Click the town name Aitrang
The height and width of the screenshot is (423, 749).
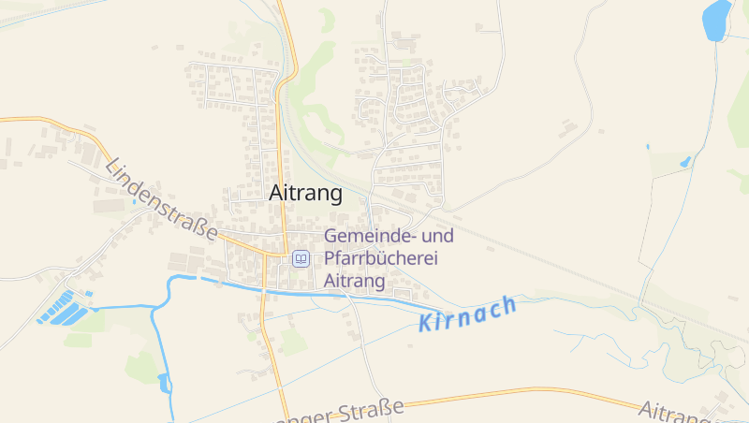(x=305, y=194)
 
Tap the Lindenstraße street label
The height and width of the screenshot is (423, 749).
(x=161, y=199)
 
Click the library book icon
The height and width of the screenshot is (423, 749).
(x=301, y=258)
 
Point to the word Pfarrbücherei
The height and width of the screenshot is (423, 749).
(x=381, y=258)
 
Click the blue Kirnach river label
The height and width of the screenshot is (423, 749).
(x=467, y=314)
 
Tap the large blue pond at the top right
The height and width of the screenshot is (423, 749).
(x=717, y=21)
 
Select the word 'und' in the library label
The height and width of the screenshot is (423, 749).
(x=439, y=237)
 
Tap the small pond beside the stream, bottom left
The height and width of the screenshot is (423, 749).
(x=166, y=382)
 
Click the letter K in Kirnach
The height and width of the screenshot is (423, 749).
(x=426, y=324)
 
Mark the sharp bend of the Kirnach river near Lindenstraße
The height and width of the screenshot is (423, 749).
(x=171, y=281)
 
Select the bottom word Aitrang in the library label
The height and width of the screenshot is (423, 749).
(x=355, y=280)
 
